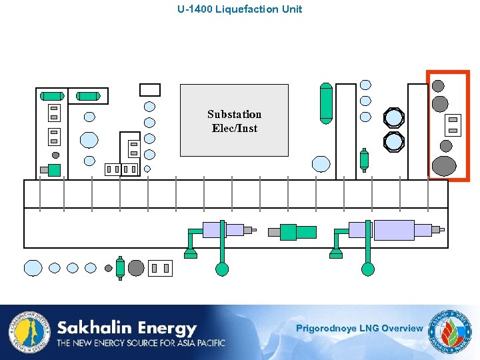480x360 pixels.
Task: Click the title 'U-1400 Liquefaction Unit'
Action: [239, 9]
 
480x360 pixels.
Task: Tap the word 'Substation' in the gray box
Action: [234, 114]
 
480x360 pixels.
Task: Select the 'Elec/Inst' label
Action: [234, 128]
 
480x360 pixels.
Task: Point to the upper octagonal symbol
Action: [394, 118]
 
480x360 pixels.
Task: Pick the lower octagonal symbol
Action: [394, 141]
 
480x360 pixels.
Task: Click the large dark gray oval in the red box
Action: [444, 165]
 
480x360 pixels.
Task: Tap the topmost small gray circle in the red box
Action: [438, 85]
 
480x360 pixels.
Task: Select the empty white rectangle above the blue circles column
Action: [150, 90]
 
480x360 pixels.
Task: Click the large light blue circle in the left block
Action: [89, 139]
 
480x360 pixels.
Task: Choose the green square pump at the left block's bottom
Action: [54, 170]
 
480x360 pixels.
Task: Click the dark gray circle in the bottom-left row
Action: [136, 268]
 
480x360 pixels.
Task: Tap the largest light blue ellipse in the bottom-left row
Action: [33, 268]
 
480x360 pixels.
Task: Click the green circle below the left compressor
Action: [222, 269]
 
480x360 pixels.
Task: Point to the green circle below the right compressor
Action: [367, 269]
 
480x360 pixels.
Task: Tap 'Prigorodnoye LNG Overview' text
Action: [359, 328]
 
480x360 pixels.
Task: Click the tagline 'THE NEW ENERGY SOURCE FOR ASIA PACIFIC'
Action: [141, 343]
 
